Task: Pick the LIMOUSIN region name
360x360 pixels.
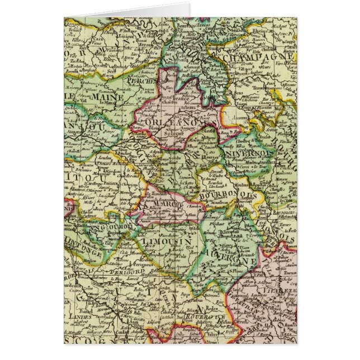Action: pos(168,241)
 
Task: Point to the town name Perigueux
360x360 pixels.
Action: pos(134,260)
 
